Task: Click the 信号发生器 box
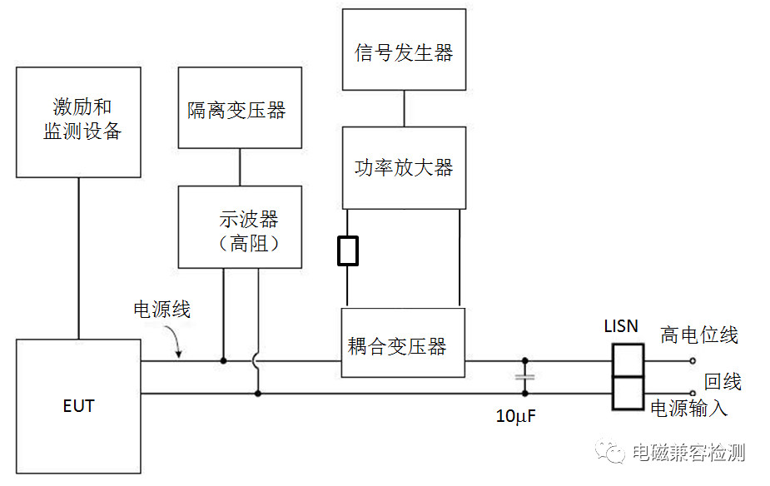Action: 404,49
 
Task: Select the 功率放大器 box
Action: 404,167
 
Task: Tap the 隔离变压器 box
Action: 240,108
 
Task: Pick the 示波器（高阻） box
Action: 241,226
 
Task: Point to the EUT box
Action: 78,406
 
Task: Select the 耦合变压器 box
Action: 403,342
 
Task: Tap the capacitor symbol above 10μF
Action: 524,377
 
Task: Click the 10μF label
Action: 516,416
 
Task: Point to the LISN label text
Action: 621,326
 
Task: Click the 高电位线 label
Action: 699,335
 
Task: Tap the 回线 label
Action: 723,381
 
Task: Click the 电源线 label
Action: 162,310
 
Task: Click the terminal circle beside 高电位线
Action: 693,361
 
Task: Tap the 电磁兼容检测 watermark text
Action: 688,453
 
